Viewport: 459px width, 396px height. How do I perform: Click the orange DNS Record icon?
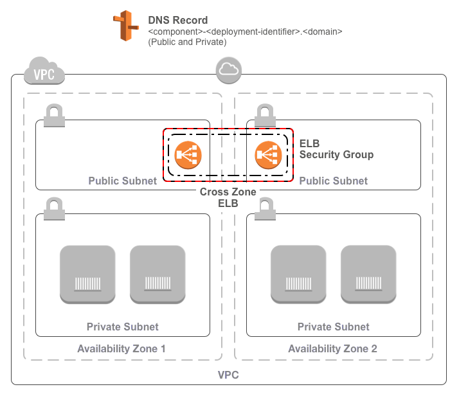click(125, 26)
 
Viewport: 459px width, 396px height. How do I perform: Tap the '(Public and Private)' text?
click(186, 42)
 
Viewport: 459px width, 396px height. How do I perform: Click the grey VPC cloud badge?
click(44, 72)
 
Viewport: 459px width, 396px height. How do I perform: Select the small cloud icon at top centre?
click(228, 69)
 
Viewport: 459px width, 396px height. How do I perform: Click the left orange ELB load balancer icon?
click(188, 155)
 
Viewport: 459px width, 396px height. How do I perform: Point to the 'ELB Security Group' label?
click(336, 149)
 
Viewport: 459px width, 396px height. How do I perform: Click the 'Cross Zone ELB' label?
click(228, 197)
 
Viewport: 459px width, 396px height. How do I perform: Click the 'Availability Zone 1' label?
click(122, 349)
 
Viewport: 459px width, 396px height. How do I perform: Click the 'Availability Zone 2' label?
click(332, 349)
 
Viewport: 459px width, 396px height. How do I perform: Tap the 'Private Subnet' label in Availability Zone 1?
click(122, 327)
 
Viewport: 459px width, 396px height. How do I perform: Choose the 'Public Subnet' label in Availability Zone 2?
click(334, 181)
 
